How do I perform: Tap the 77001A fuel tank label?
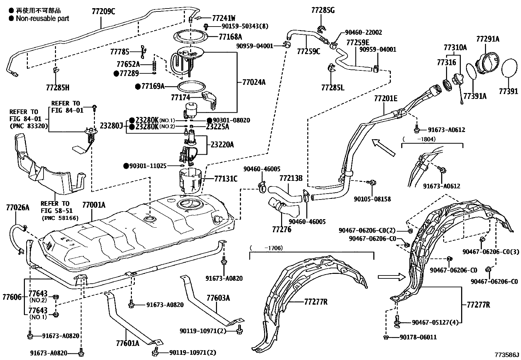[94, 205]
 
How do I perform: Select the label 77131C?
[226, 179]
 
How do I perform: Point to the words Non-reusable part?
[43, 18]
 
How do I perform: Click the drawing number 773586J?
[507, 355]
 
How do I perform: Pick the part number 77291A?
[488, 39]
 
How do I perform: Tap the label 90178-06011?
[418, 337]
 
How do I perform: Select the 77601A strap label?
[128, 343]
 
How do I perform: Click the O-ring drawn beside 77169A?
[191, 87]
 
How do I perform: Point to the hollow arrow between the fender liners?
[392, 277]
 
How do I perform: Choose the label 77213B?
[291, 178]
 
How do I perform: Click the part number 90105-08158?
[372, 199]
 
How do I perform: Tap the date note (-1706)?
[266, 248]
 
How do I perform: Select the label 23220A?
[222, 144]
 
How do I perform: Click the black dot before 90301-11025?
[126, 166]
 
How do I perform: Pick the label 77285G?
[323, 10]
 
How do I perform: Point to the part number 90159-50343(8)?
[245, 26]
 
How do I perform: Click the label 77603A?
[218, 298]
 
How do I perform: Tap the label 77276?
[282, 230]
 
